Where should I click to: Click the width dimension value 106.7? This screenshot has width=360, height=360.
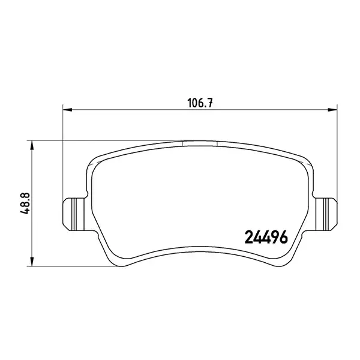pyautogui.click(x=200, y=103)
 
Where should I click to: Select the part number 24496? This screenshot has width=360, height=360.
pyautogui.click(x=267, y=237)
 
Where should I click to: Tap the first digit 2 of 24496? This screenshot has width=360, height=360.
pyautogui.click(x=250, y=237)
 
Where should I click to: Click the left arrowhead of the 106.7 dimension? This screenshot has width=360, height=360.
pyautogui.click(x=67, y=110)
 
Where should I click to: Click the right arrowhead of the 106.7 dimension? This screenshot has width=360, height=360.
pyautogui.click(x=332, y=110)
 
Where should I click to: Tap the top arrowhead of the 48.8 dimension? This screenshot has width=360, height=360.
pyautogui.click(x=32, y=145)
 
